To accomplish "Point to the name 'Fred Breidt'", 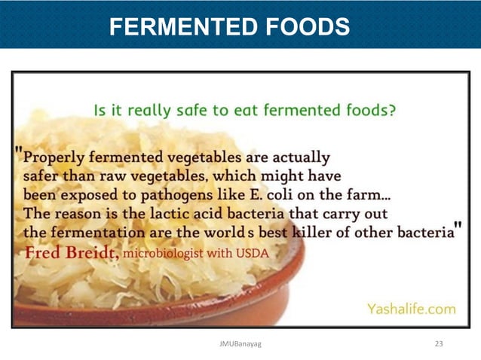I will (x=71, y=252).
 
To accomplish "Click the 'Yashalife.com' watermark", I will (x=411, y=308).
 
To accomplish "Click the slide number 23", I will (x=440, y=343).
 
